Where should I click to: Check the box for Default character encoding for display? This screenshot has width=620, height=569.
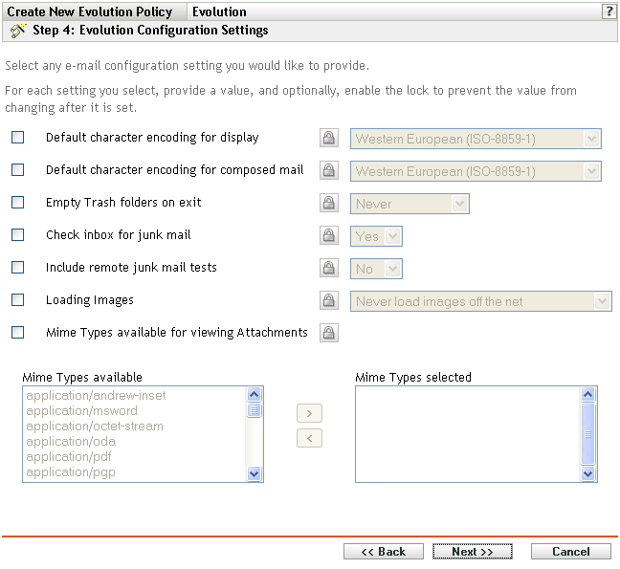[x=18, y=138]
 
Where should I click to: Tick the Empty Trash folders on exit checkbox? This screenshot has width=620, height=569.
[x=18, y=203]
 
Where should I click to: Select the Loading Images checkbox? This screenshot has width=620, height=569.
[x=18, y=300]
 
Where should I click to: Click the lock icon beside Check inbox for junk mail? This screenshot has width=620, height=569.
[x=328, y=235]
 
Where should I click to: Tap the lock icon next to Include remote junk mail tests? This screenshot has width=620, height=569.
[x=328, y=268]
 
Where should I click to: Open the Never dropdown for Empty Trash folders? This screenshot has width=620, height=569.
[x=410, y=204]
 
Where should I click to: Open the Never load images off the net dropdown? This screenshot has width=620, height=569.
[x=481, y=301]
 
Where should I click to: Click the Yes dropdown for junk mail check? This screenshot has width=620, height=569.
[x=377, y=236]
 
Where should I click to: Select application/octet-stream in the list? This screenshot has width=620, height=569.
[x=95, y=427]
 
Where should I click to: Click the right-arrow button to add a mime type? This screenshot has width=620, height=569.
[x=309, y=414]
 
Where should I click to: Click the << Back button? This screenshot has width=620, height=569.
[x=383, y=552]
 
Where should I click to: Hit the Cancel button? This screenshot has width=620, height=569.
[x=571, y=552]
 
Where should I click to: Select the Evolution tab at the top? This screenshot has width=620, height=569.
[x=219, y=12]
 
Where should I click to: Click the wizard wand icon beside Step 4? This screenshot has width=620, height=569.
[x=16, y=31]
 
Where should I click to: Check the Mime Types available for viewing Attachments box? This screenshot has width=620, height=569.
[x=18, y=333]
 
